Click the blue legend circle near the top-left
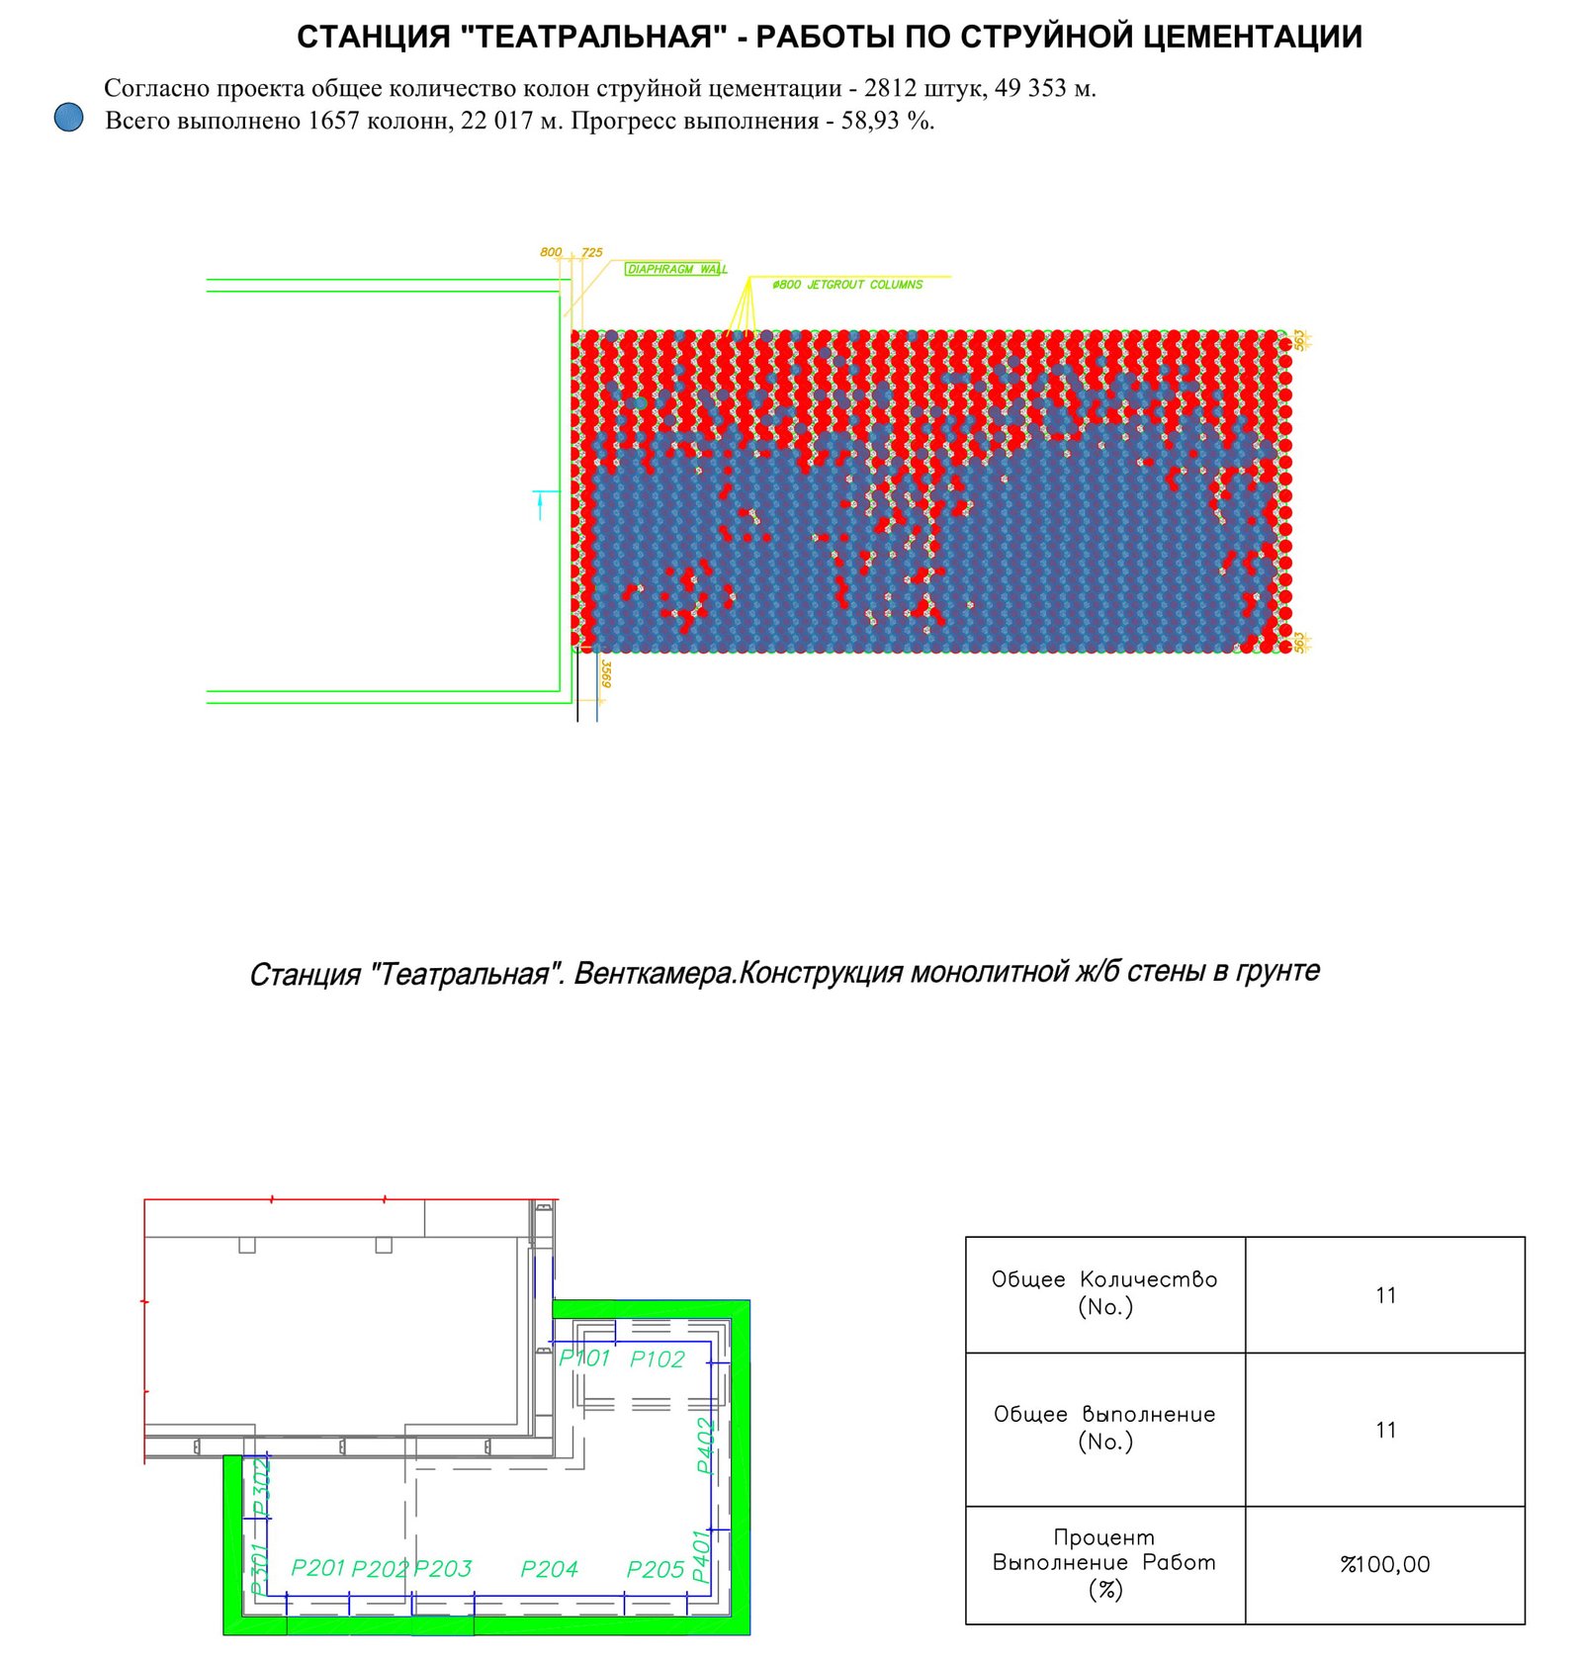(x=68, y=118)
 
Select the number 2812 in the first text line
(x=890, y=88)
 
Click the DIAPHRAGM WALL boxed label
(x=675, y=269)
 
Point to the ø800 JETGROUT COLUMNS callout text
(x=847, y=285)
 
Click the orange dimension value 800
(x=551, y=252)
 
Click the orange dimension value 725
(x=591, y=252)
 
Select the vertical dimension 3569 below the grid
(x=606, y=674)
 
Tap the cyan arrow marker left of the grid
(x=540, y=504)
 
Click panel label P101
(x=584, y=1359)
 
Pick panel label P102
(x=657, y=1360)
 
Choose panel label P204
(x=549, y=1570)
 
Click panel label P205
(x=656, y=1570)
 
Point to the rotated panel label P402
(x=705, y=1446)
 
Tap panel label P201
(x=318, y=1569)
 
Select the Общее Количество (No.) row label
(x=1104, y=1293)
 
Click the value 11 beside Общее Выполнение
(x=1385, y=1430)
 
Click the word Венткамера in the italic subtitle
(x=655, y=974)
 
